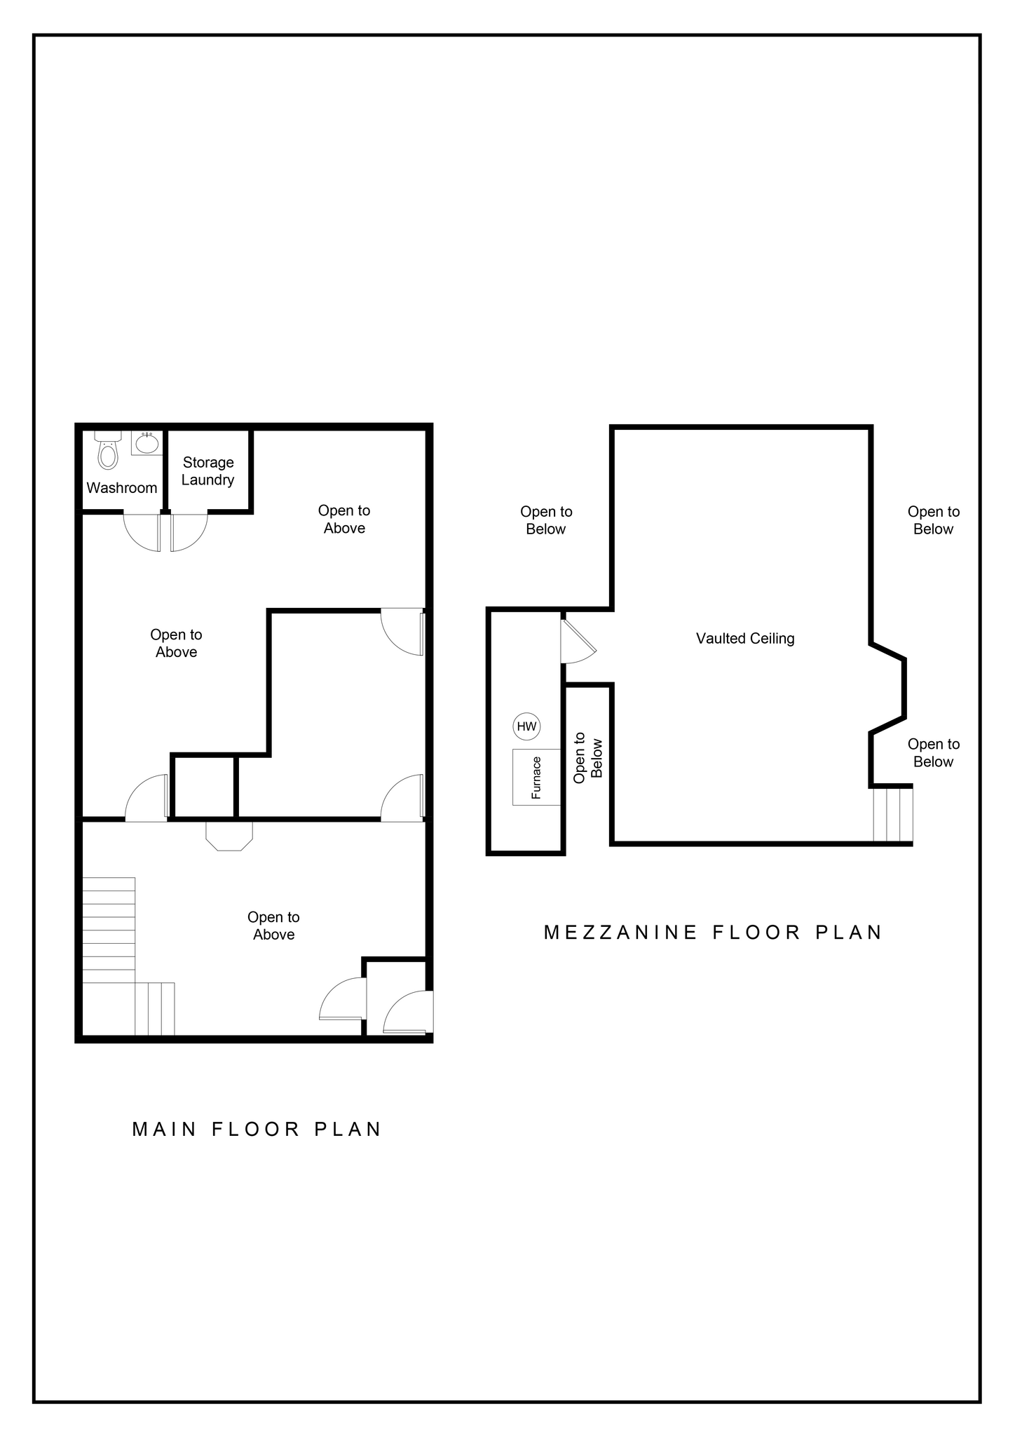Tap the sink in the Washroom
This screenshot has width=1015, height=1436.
pyautogui.click(x=146, y=443)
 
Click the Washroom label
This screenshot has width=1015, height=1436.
pyautogui.click(x=122, y=488)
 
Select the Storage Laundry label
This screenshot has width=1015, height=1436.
pyautogui.click(x=207, y=471)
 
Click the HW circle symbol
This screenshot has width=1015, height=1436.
pyautogui.click(x=526, y=726)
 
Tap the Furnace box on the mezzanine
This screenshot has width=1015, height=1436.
pyautogui.click(x=536, y=777)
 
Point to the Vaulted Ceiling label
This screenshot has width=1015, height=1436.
pyautogui.click(x=745, y=639)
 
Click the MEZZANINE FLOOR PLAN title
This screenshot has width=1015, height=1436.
pyautogui.click(x=713, y=933)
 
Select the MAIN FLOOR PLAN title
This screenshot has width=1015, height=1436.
pyautogui.click(x=257, y=1130)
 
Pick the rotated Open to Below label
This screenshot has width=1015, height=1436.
pyautogui.click(x=588, y=758)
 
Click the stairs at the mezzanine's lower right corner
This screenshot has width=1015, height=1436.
pyautogui.click(x=892, y=815)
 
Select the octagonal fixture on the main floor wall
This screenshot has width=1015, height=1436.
pyautogui.click(x=229, y=836)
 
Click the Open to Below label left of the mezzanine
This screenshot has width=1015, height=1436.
pyautogui.click(x=546, y=521)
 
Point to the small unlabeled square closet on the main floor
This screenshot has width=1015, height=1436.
pyautogui.click(x=204, y=787)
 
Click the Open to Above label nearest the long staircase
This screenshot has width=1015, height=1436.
pyautogui.click(x=273, y=926)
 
